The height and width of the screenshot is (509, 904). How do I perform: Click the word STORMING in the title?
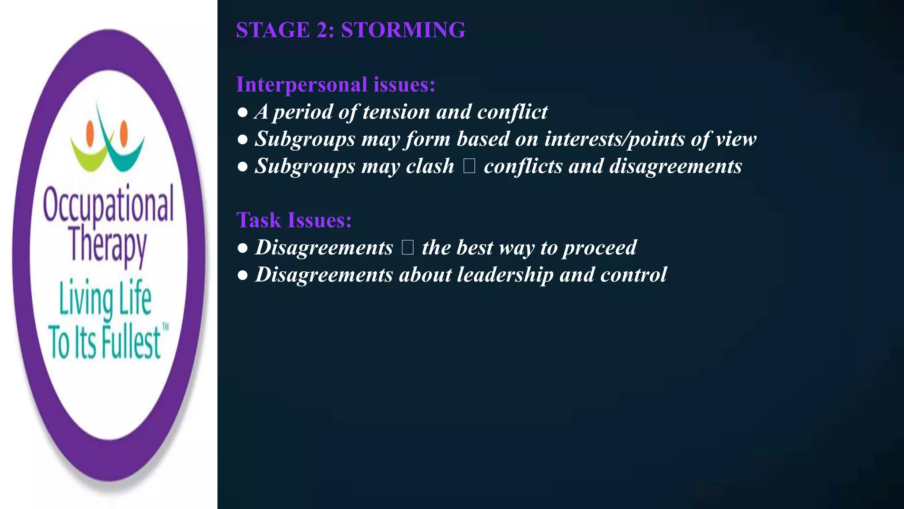[403, 30]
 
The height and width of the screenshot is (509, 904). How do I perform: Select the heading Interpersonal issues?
[335, 84]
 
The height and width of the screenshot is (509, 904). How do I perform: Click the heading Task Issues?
[294, 220]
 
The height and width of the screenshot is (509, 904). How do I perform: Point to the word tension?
[396, 112]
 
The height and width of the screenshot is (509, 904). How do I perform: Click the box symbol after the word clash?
[469, 166]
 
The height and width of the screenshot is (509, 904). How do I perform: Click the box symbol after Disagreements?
[407, 247]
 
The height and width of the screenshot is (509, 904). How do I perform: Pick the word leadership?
[505, 275]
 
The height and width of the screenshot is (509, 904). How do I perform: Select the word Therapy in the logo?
[108, 244]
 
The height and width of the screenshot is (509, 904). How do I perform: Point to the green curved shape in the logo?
[88, 156]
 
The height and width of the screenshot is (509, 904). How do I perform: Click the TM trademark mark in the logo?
[166, 327]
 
